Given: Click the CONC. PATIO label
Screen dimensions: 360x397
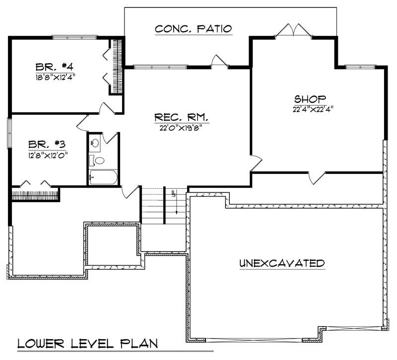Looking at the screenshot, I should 193,28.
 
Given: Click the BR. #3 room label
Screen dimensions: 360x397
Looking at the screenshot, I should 48,144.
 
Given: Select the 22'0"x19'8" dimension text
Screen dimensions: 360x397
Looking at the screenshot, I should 181,128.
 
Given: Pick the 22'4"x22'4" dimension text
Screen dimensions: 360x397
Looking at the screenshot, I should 311,108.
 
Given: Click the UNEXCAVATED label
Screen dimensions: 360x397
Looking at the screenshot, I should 282,263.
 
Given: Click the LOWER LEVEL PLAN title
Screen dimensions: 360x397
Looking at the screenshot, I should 87,343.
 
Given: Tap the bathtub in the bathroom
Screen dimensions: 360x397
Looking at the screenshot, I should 103,177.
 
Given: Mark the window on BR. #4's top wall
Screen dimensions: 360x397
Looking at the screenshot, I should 75,36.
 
